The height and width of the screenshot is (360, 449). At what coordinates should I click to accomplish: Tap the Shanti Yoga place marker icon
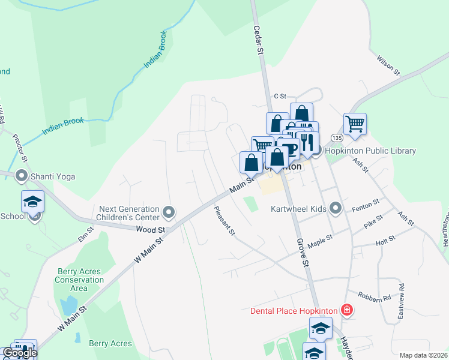tap(22, 176)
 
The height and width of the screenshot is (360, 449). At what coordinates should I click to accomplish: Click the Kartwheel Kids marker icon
tap(336, 209)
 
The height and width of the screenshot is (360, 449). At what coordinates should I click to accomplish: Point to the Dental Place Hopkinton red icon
tap(346, 310)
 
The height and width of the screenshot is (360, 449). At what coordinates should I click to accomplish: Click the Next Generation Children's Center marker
tap(169, 212)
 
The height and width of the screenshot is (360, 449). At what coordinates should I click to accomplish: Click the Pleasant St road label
tap(224, 221)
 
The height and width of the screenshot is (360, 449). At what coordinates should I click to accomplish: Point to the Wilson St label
tap(388, 65)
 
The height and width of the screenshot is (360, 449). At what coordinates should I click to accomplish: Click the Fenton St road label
tap(366, 204)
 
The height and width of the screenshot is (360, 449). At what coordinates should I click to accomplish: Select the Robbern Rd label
tap(374, 296)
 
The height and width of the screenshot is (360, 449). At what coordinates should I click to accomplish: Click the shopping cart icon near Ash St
tap(355, 124)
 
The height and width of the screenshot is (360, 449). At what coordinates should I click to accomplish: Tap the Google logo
tap(19, 353)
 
